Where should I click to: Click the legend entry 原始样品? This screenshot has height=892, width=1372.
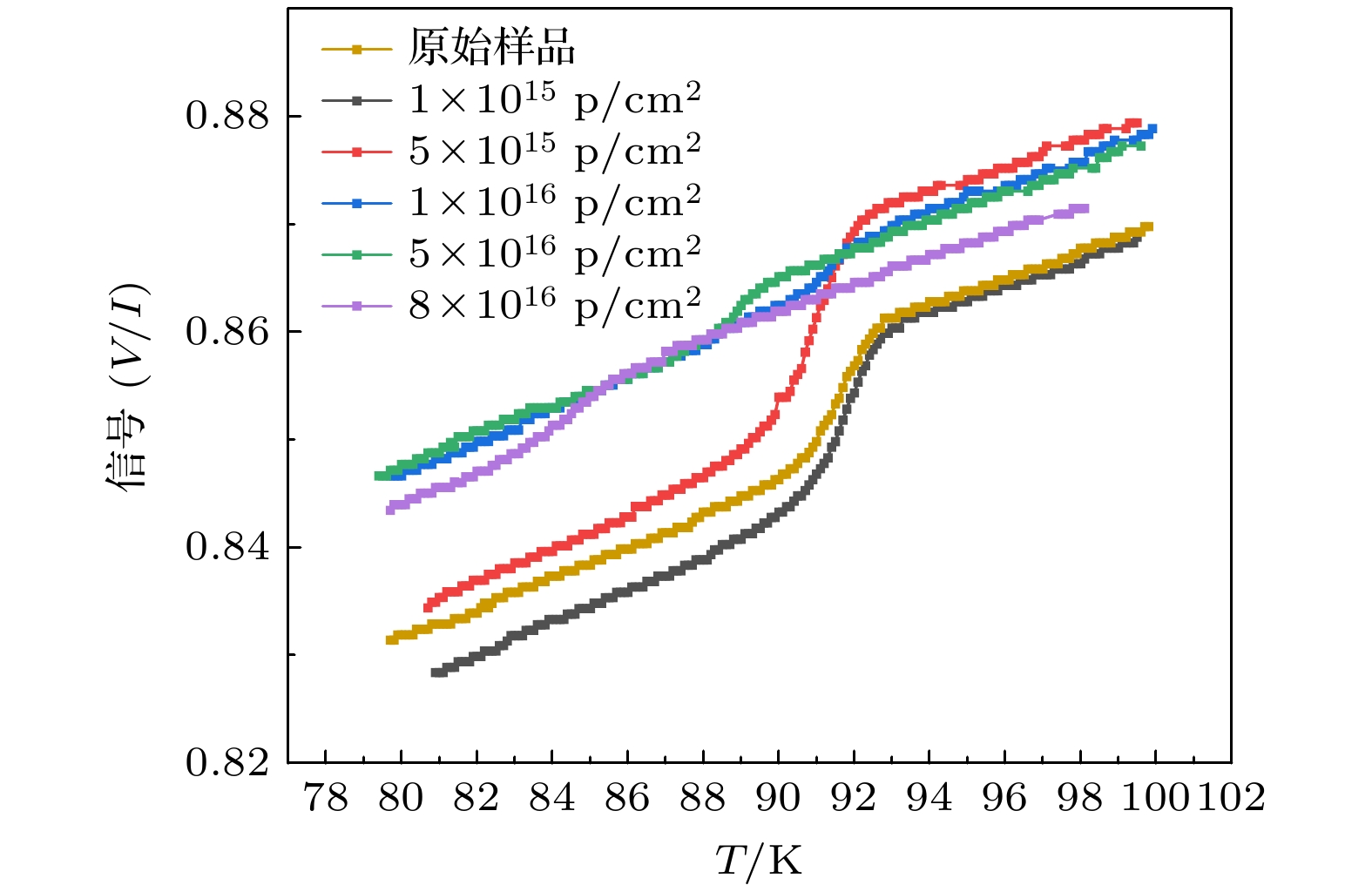point(492,47)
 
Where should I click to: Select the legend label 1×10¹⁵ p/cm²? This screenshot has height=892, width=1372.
point(555,99)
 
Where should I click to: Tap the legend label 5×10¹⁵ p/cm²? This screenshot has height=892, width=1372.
point(555,151)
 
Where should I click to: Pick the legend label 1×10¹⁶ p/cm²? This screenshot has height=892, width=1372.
point(555,202)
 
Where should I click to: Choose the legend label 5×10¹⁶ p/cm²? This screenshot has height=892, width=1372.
point(555,253)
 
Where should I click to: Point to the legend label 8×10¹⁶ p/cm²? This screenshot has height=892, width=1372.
point(555,305)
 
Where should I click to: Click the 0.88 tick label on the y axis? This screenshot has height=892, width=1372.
point(228,116)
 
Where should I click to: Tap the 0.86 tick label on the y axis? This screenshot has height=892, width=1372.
point(228,331)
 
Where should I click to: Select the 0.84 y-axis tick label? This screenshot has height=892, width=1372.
point(228,547)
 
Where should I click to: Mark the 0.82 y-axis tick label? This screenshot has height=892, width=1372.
point(228,762)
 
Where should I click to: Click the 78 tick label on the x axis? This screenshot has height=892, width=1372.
point(325,797)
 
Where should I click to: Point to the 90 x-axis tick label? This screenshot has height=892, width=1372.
point(778,797)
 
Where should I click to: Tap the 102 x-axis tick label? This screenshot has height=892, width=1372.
point(1231,797)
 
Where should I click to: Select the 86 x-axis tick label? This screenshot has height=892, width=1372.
point(627,797)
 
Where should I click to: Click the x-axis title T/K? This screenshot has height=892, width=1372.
point(758,861)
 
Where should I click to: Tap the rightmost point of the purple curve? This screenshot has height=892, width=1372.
point(1084,208)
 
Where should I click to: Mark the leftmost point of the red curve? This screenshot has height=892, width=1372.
point(428,607)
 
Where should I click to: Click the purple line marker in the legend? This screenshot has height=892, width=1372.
point(356,306)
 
